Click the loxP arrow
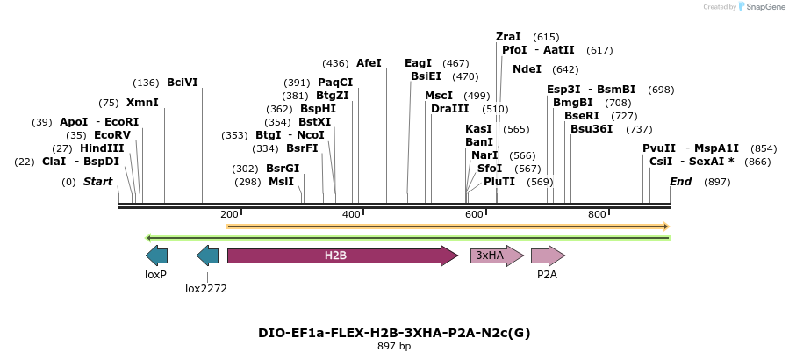(156, 256)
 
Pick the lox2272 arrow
(207, 256)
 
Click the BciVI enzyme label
(183, 83)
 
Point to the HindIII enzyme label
(102, 148)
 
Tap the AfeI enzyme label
(369, 63)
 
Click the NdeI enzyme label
(527, 69)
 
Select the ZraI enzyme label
(508, 37)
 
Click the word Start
(98, 182)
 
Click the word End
(680, 182)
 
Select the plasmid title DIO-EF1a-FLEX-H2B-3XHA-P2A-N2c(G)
(394, 333)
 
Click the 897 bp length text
(394, 347)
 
